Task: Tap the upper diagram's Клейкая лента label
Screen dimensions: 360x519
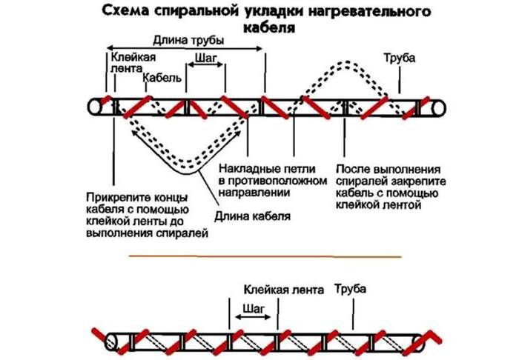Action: pyautogui.click(x=130, y=61)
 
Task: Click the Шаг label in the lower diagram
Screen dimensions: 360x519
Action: pyautogui.click(x=251, y=306)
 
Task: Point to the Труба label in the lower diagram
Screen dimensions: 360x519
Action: pyautogui.click(x=351, y=288)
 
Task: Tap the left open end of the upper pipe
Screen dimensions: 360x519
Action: pyautogui.click(x=93, y=107)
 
